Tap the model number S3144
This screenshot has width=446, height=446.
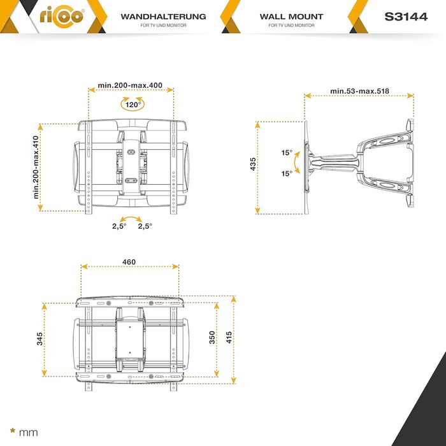(x=406, y=17)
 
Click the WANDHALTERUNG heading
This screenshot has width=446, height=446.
(x=163, y=17)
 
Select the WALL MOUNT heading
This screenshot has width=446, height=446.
(x=291, y=17)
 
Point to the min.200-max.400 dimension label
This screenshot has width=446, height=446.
(x=130, y=85)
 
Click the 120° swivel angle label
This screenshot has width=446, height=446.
(x=133, y=104)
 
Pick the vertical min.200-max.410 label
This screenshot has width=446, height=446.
(x=36, y=167)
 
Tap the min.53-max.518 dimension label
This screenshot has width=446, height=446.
(x=359, y=91)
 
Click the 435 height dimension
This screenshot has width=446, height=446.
(x=252, y=164)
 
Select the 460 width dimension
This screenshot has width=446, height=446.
(x=129, y=262)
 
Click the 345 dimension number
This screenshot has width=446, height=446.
(x=40, y=339)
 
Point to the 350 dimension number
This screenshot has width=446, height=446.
(x=212, y=337)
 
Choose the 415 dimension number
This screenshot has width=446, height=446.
(x=229, y=337)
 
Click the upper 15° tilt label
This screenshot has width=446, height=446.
(x=287, y=153)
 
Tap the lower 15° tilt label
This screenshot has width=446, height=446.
(x=287, y=173)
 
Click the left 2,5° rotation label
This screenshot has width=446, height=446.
(x=119, y=226)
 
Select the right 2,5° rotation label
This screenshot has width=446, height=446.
(x=145, y=226)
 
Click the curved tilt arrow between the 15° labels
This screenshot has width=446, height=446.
(x=295, y=162)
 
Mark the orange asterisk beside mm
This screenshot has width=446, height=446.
(x=13, y=431)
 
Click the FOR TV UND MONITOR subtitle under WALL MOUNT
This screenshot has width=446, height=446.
(x=291, y=25)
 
